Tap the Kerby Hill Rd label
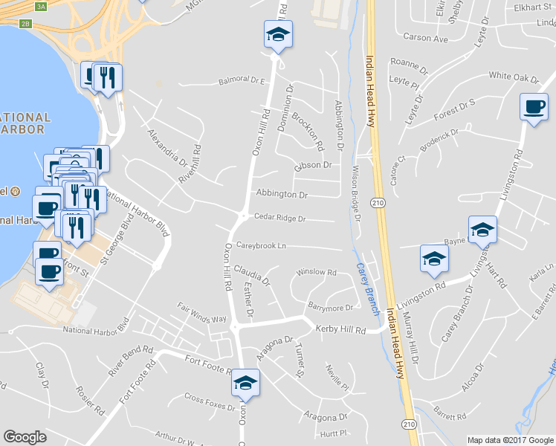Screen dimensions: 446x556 click(x=341, y=329)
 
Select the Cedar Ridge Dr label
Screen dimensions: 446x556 click(x=279, y=219)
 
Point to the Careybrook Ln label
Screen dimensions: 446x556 click(x=261, y=245)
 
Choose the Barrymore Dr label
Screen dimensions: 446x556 click(x=330, y=307)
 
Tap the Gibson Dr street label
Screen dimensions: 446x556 click(x=312, y=165)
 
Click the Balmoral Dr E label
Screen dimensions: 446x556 click(x=242, y=80)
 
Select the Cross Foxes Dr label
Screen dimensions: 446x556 click(x=210, y=401)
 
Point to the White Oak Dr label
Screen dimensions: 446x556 click(x=513, y=77)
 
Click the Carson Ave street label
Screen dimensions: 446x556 click(x=425, y=37)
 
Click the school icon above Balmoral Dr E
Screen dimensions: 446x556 click(x=278, y=34)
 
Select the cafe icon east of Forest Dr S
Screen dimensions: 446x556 click(x=534, y=108)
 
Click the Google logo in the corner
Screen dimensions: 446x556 click(x=25, y=437)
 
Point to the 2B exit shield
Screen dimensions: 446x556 click(x=26, y=24)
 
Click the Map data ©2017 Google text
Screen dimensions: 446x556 click(x=511, y=440)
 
